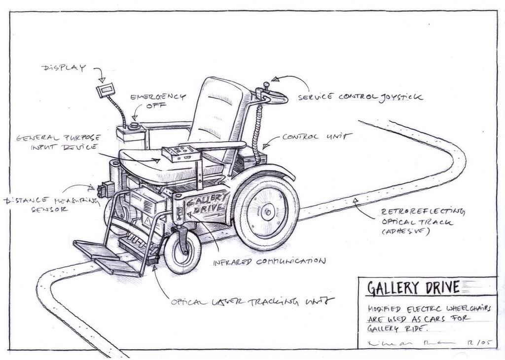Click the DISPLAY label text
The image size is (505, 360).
tap(64, 68)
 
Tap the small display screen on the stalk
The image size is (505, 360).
tap(106, 90)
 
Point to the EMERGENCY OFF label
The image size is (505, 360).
tap(158, 101)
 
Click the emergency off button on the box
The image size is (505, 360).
tap(133, 126)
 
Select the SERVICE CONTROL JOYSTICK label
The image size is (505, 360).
tap(360, 97)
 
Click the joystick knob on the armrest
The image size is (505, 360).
tap(266, 85)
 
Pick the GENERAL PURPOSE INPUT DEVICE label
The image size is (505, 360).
tap(58, 142)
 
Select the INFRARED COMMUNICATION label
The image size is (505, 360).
tap(269, 261)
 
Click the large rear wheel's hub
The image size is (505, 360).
tap(267, 212)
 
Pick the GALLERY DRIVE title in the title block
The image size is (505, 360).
tap(413, 287)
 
